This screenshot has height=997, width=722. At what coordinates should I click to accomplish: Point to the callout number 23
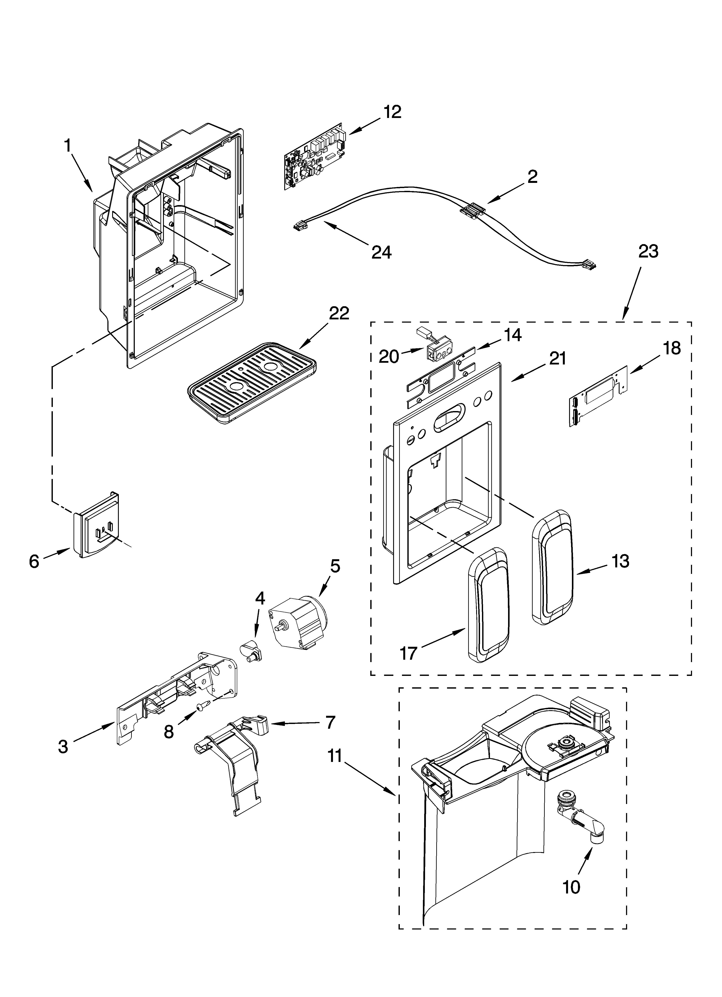648,251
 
